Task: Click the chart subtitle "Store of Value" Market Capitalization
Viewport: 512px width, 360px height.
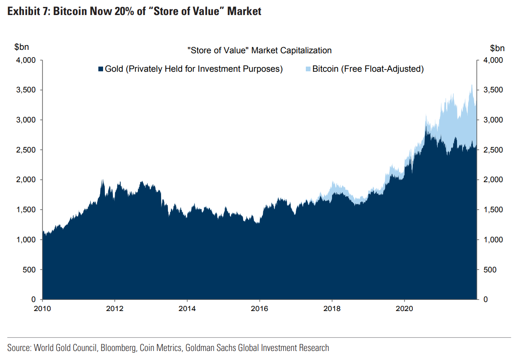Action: coord(259,50)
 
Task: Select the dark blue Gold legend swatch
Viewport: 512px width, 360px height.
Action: coord(101,69)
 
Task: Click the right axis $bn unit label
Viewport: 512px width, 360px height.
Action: coord(498,47)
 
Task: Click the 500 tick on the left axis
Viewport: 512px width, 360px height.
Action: coord(29,270)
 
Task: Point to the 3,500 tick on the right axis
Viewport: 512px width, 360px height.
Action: coord(492,90)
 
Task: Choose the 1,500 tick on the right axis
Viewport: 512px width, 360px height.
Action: coord(492,210)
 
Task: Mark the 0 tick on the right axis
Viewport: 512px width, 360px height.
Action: coord(485,299)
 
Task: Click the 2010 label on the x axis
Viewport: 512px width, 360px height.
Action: coord(42,308)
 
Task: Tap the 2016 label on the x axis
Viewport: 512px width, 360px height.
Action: coord(259,308)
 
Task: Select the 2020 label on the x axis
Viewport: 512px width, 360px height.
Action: coord(404,308)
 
